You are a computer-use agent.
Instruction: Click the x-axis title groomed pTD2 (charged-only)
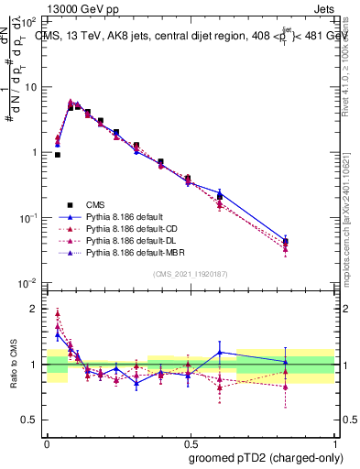tap(265, 457)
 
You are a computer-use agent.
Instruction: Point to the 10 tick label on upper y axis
tap(30, 87)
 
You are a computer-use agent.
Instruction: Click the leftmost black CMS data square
tap(58, 155)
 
